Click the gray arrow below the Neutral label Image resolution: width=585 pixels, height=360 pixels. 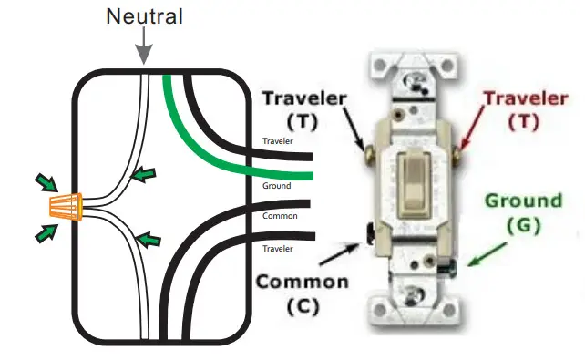point(143,48)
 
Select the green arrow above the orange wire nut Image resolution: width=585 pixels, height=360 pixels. point(44,181)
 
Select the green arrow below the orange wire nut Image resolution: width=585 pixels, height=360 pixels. point(44,234)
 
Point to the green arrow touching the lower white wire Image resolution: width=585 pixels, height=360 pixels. point(147,240)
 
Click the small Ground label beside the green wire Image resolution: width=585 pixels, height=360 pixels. point(276,186)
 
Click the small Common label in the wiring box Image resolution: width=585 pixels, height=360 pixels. point(279,216)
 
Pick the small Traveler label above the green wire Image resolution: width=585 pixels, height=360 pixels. point(278,141)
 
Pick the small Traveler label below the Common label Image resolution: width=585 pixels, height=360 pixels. point(278,248)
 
